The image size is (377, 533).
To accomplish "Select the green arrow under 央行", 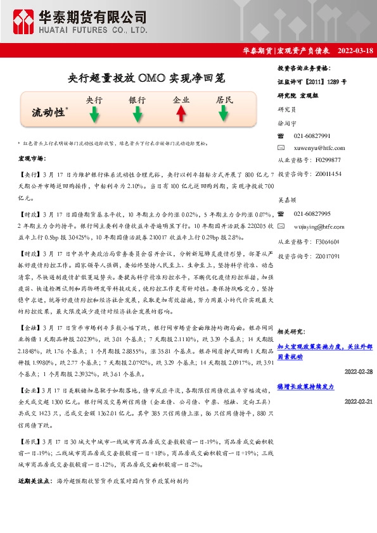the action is pos(94,113).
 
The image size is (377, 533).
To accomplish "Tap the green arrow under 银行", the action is pos(137,113).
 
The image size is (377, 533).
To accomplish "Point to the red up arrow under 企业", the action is pos(181,113).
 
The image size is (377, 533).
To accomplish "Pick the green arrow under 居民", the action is pos(224,113).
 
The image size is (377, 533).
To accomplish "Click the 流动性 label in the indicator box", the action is pos(49,113).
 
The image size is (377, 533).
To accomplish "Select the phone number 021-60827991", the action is pos(312,136).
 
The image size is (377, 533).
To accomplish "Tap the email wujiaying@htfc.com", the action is pos(319,225).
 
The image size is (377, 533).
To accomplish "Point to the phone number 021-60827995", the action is pos(312,213).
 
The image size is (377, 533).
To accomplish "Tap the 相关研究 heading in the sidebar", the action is pos(291,331).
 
